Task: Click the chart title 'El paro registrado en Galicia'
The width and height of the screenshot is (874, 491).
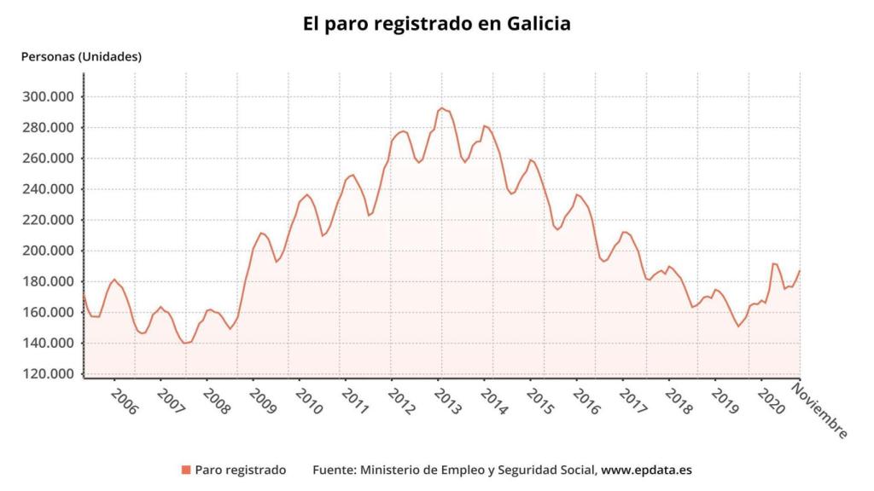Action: pos(437,23)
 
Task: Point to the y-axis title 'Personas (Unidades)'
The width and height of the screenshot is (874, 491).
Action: pos(80,57)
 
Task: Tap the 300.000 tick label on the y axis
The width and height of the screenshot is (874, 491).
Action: pos(48,96)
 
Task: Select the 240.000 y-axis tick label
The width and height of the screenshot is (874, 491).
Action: pos(48,189)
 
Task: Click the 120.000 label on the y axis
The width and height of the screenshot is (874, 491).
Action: pos(48,374)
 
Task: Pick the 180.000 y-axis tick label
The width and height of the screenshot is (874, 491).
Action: pos(48,281)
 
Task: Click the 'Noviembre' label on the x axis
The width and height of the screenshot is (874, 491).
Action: pos(819,411)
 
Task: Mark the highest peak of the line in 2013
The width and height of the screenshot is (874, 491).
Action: pos(441,108)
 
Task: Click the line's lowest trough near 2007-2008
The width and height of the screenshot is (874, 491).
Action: pos(185,343)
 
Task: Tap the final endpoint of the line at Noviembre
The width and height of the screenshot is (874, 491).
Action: pos(800,271)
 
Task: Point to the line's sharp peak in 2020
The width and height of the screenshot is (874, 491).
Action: pos(773,263)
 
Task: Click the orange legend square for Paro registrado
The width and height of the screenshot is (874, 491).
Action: pos(185,470)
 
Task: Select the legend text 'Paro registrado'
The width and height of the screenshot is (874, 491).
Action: pos(240,470)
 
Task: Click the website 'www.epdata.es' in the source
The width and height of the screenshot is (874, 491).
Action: pos(647,470)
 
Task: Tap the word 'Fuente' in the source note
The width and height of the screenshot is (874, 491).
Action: pos(333,470)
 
